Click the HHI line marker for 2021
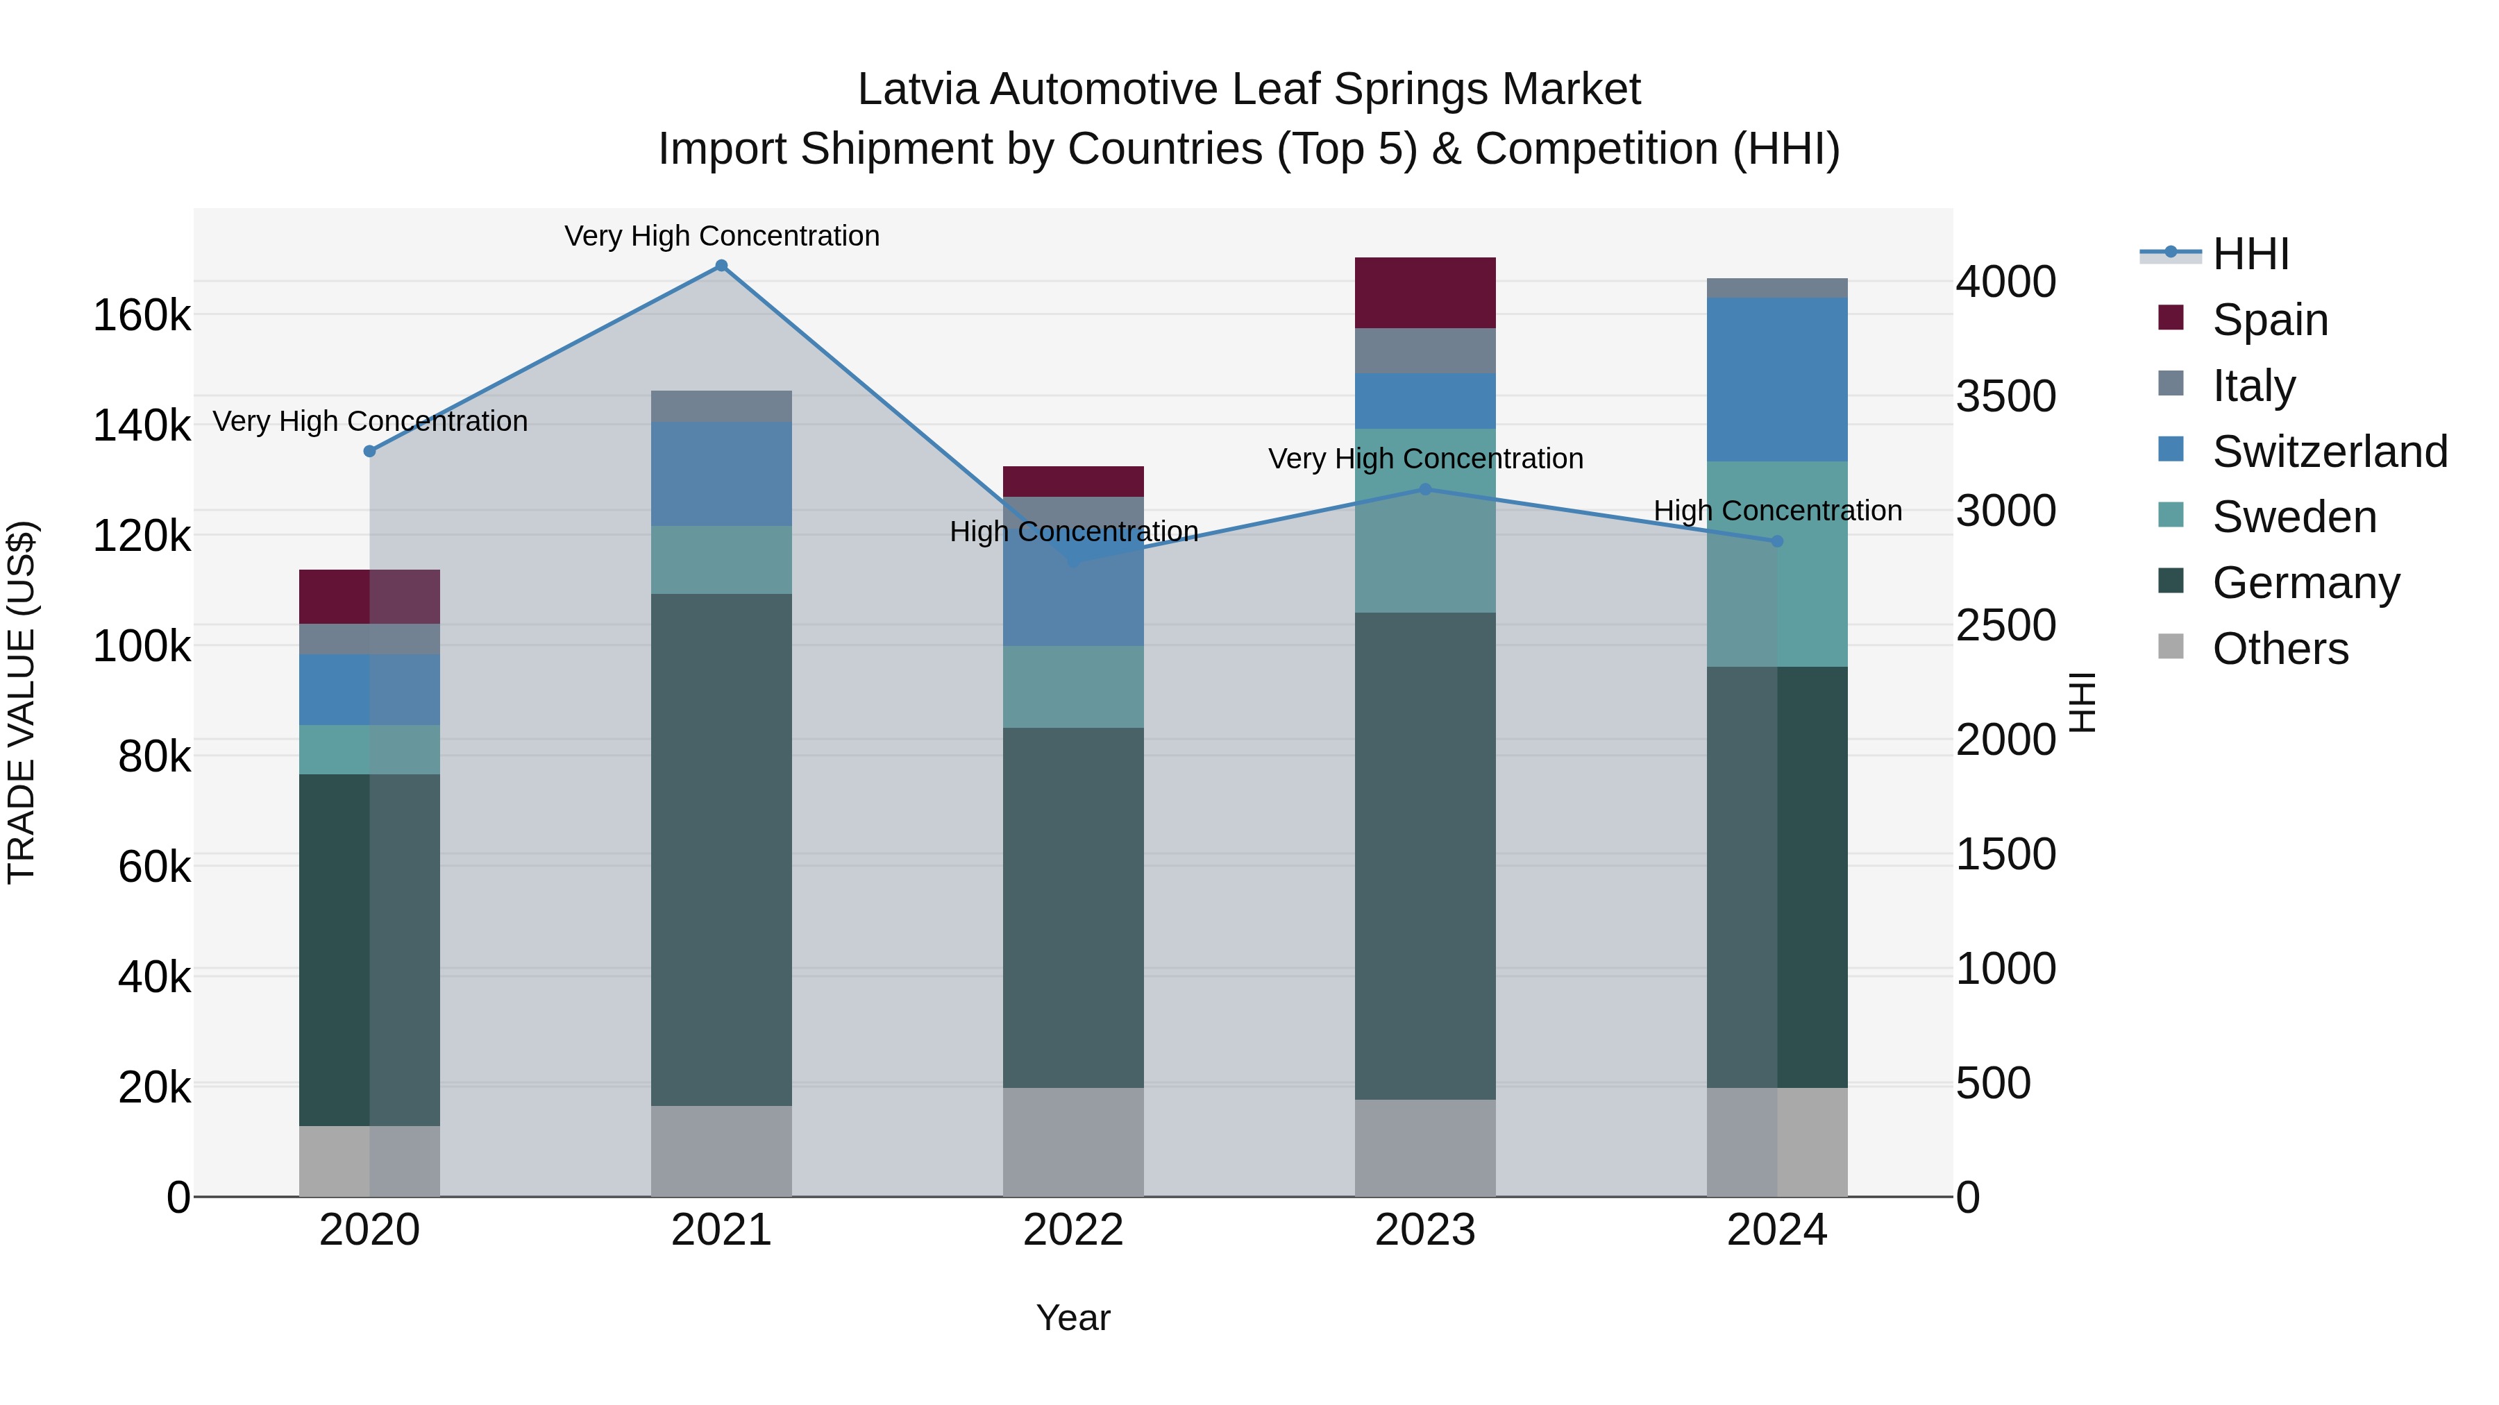tap(721, 266)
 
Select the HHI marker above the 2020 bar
tap(369, 451)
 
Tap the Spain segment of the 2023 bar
tap(1424, 293)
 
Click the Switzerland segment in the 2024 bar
tap(1776, 379)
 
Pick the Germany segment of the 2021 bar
tap(721, 849)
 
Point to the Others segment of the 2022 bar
tap(1073, 1141)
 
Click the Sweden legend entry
tap(2294, 517)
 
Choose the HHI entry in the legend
tap(2250, 254)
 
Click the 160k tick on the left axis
tap(142, 315)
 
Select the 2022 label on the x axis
tap(1073, 1230)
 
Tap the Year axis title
tap(1073, 1318)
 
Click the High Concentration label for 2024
tap(1777, 510)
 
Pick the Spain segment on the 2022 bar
tap(1073, 481)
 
